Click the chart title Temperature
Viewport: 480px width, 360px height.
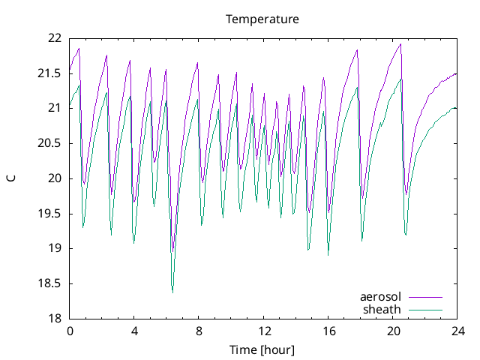[x=262, y=19]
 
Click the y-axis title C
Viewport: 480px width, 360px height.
[x=11, y=178]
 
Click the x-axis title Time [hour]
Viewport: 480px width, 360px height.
[x=262, y=350]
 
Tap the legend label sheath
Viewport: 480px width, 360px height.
[x=382, y=309]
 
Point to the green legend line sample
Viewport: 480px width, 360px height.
[x=425, y=310]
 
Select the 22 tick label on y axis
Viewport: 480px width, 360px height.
[x=53, y=38]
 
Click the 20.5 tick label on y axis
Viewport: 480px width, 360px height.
[x=49, y=143]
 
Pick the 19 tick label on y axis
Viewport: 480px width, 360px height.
[x=53, y=248]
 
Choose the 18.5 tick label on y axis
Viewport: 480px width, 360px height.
[x=49, y=283]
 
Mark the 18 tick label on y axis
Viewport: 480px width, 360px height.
[x=53, y=319]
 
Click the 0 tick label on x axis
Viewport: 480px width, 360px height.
[x=70, y=331]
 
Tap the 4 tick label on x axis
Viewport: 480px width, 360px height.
[x=134, y=331]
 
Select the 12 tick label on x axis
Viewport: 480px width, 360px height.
[x=264, y=331]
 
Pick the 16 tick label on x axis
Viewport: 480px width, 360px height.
[x=328, y=331]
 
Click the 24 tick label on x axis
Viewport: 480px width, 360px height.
[x=457, y=331]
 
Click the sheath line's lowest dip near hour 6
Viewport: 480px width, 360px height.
[x=172, y=292]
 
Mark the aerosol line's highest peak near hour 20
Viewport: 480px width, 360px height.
[x=400, y=44]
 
